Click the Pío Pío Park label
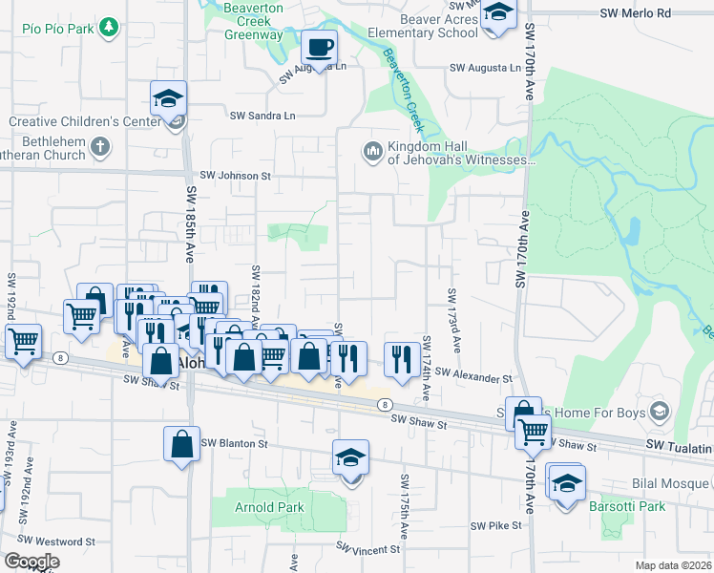(x=59, y=29)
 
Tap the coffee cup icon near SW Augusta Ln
(x=320, y=46)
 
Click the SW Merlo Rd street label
(x=636, y=13)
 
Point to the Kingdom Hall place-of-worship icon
(x=371, y=151)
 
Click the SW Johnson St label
(x=236, y=176)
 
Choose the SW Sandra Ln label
(x=262, y=116)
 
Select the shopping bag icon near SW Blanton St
(x=181, y=444)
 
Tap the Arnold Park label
(x=270, y=508)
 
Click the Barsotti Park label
(x=627, y=506)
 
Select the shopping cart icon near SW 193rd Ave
(x=23, y=341)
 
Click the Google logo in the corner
(x=31, y=562)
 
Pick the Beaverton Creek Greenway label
(x=254, y=27)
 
